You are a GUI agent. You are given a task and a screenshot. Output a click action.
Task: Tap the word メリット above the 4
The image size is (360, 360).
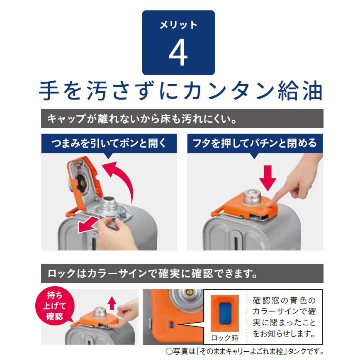[x=178, y=25]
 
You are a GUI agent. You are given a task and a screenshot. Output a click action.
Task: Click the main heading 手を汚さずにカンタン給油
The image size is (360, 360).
[x=180, y=90]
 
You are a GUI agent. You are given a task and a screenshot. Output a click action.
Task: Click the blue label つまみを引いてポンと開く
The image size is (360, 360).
[x=108, y=144]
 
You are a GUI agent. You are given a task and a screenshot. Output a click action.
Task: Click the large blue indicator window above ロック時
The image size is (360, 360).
[x=225, y=312]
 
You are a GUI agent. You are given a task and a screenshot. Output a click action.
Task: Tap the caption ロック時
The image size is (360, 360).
[x=225, y=336]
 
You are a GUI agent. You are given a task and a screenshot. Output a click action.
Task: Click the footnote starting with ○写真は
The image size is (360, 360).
[x=245, y=351]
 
